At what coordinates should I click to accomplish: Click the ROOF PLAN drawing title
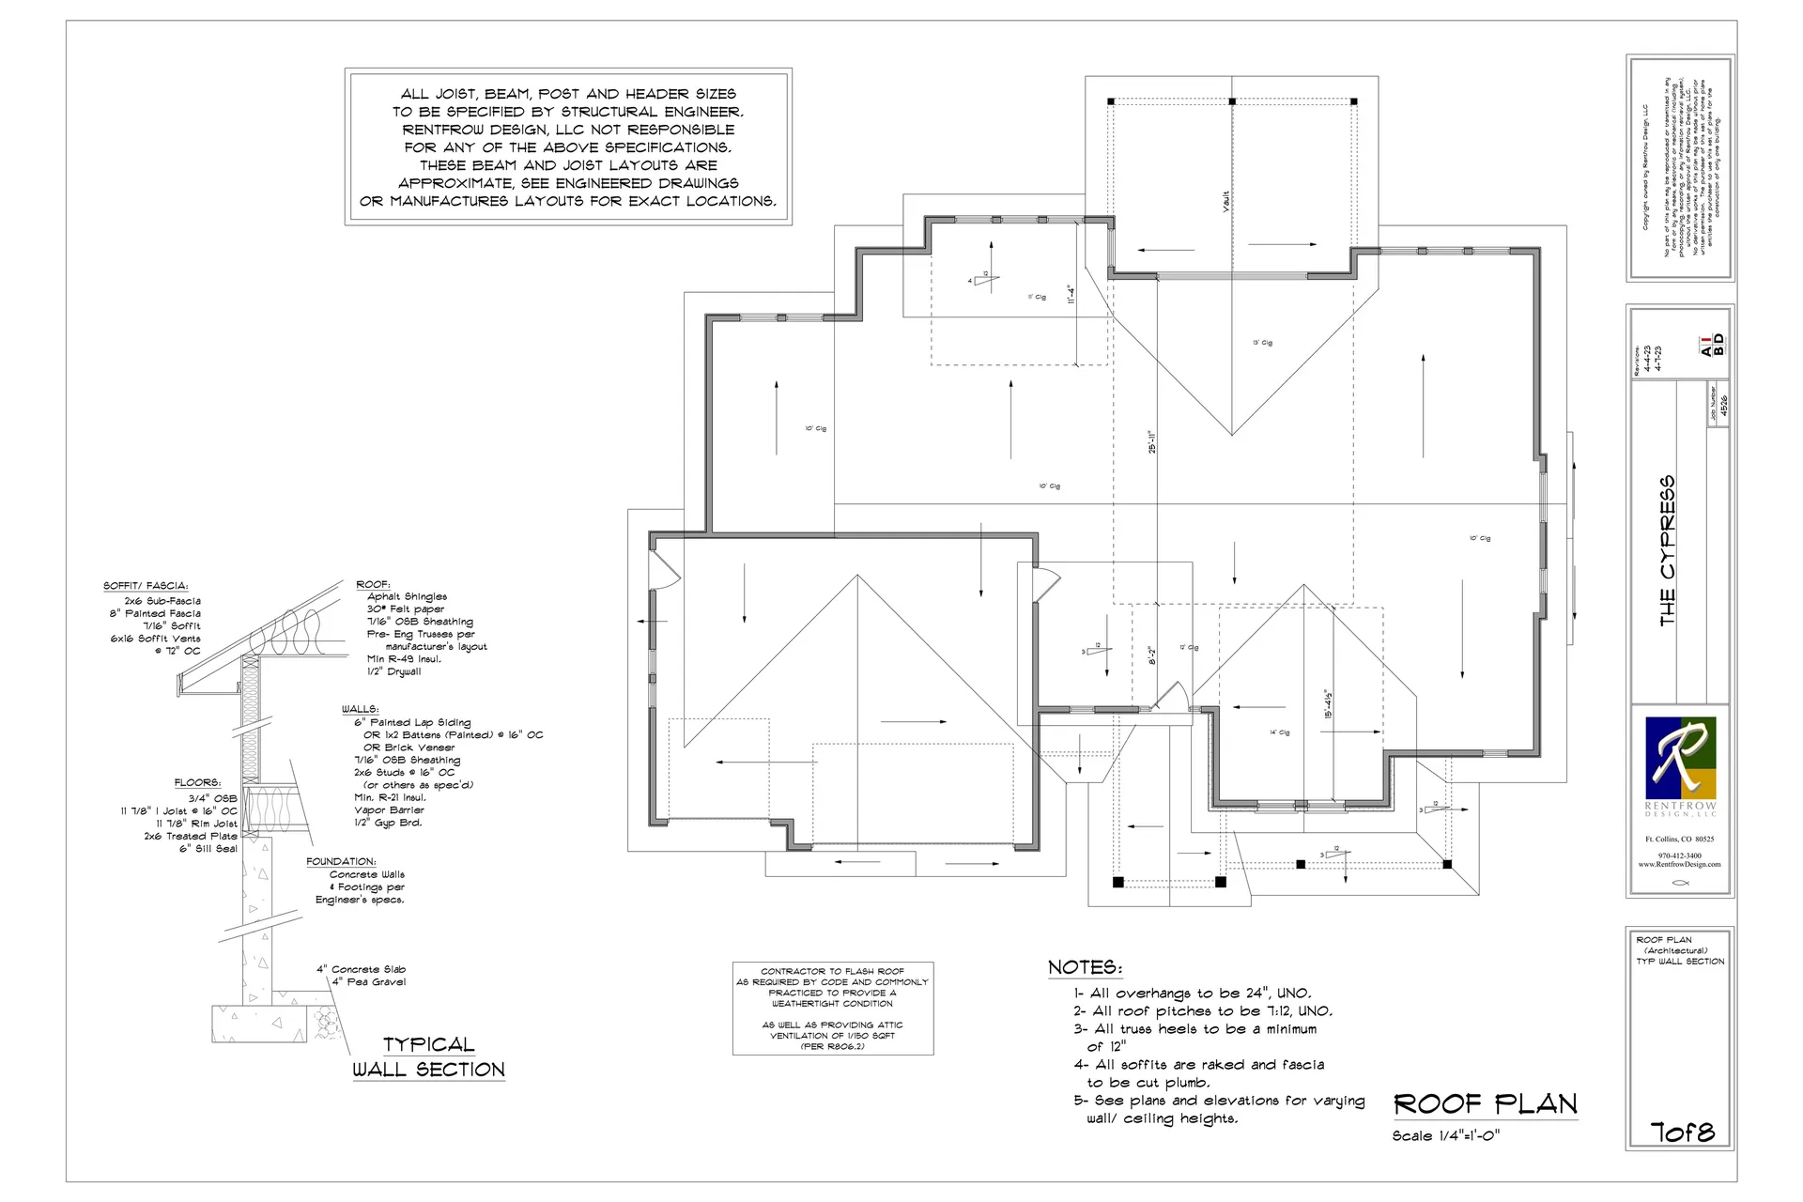point(1485,1103)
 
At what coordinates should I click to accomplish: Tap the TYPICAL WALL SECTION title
point(428,1057)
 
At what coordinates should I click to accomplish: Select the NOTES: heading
point(1085,967)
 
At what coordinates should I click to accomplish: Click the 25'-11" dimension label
point(1152,441)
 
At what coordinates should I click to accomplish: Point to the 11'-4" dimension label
point(1071,295)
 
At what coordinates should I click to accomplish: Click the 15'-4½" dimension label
point(1329,704)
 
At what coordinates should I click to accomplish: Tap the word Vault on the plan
point(1225,202)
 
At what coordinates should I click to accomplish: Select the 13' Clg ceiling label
point(1262,343)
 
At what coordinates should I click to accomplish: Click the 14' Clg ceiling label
point(1280,732)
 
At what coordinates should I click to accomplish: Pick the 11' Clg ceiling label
point(1037,297)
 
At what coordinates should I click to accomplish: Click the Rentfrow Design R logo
point(1680,758)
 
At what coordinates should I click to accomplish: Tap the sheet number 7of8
point(1682,1133)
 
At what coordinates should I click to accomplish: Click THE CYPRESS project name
point(1667,550)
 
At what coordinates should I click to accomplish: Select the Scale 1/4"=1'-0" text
point(1445,1136)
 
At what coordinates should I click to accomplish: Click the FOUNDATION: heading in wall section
point(341,861)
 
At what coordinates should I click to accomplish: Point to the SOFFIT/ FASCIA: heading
point(146,586)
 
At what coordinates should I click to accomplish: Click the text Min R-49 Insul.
point(404,659)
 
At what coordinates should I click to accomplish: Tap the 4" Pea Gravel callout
point(368,982)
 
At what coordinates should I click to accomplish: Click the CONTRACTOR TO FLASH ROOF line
point(832,971)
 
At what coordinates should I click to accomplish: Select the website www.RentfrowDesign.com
point(1679,864)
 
